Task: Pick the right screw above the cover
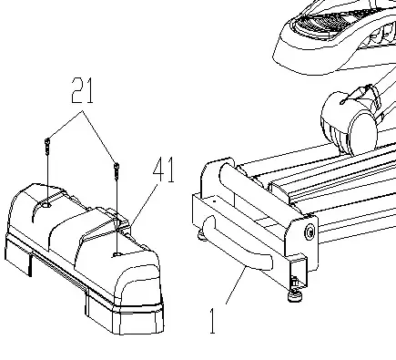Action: pos(117,168)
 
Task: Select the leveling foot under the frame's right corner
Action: pos(296,293)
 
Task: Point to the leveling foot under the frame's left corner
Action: pos(200,238)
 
